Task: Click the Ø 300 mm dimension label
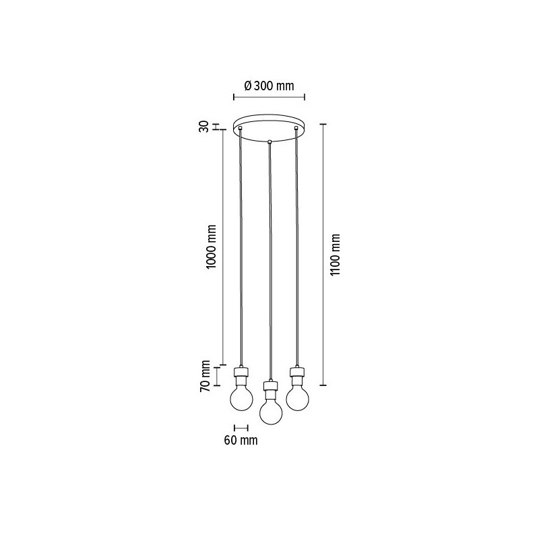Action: (268, 86)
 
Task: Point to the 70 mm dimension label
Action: (206, 375)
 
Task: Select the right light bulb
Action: (296, 395)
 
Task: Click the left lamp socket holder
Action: (241, 373)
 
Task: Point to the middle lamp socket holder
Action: (269, 387)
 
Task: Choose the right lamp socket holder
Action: (296, 372)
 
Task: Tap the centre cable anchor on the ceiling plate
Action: (269, 141)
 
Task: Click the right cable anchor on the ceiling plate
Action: (296, 127)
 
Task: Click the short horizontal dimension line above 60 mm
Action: (241, 427)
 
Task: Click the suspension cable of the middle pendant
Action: (269, 263)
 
